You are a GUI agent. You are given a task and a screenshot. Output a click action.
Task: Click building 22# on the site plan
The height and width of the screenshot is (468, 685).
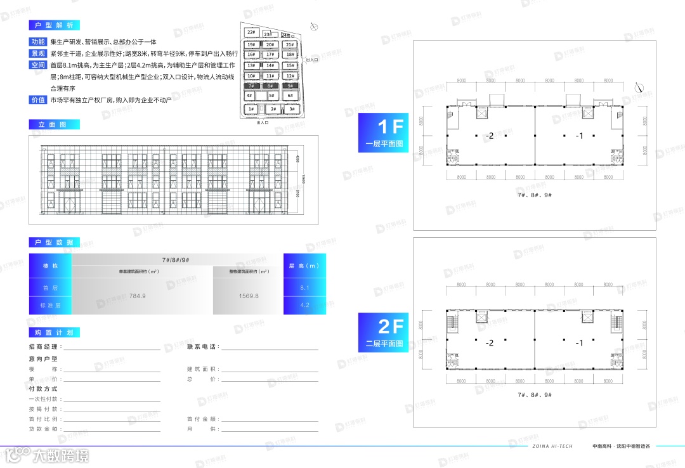251,32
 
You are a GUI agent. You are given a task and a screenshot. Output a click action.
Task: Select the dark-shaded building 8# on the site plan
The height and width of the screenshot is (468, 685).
270,85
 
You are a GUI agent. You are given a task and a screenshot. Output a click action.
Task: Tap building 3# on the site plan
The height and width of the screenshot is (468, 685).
291,109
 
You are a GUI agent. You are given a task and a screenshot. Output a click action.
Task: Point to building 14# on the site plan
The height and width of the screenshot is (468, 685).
270,65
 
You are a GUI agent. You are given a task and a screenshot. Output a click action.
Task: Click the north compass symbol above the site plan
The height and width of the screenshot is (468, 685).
313,27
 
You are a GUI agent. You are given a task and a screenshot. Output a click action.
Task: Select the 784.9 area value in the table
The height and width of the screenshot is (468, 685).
137,296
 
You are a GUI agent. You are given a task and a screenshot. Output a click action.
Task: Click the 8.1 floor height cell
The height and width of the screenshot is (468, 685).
304,288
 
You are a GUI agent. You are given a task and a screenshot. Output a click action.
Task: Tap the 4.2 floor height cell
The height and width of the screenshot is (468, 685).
304,305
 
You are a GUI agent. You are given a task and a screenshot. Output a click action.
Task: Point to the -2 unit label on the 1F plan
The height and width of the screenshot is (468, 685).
489,136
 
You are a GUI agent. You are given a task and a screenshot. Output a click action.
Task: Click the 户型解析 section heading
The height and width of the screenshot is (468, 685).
54,25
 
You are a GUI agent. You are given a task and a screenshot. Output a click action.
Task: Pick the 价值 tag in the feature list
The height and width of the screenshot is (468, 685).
38,100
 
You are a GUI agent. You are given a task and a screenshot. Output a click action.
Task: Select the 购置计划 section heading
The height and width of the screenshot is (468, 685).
54,332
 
